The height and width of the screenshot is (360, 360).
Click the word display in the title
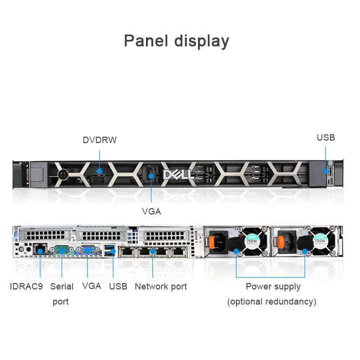(x=199, y=41)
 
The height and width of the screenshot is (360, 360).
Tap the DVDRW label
(x=100, y=140)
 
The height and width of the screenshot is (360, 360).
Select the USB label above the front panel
(x=326, y=138)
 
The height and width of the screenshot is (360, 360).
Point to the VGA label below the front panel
(x=151, y=212)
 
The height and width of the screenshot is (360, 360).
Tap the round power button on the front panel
(x=62, y=174)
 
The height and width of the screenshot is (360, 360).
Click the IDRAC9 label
(x=26, y=287)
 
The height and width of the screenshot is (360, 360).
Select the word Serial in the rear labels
(x=62, y=287)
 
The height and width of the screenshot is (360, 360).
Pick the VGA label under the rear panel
(x=91, y=286)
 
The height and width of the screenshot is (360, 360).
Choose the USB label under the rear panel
(x=118, y=287)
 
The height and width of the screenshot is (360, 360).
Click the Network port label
(x=161, y=287)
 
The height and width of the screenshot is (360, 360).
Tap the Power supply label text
(x=273, y=287)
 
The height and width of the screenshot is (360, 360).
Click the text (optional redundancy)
(x=271, y=302)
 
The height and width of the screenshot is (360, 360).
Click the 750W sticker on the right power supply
(x=320, y=239)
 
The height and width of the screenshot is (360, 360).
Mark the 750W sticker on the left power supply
(x=251, y=239)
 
